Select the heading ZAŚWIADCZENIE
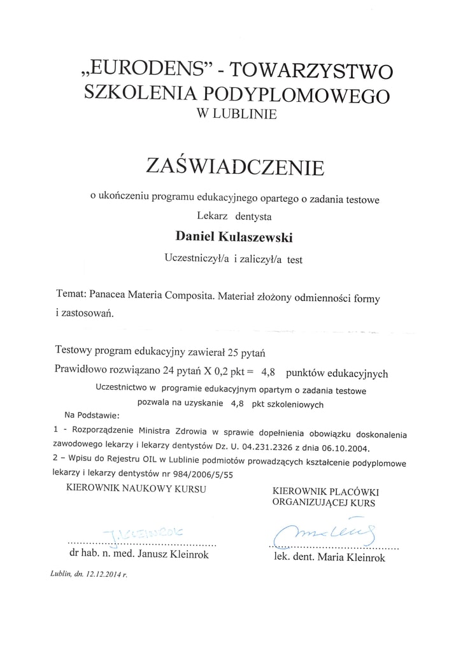click(x=235, y=166)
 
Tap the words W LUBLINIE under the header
click(x=237, y=115)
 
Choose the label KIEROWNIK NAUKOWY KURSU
click(x=136, y=488)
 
